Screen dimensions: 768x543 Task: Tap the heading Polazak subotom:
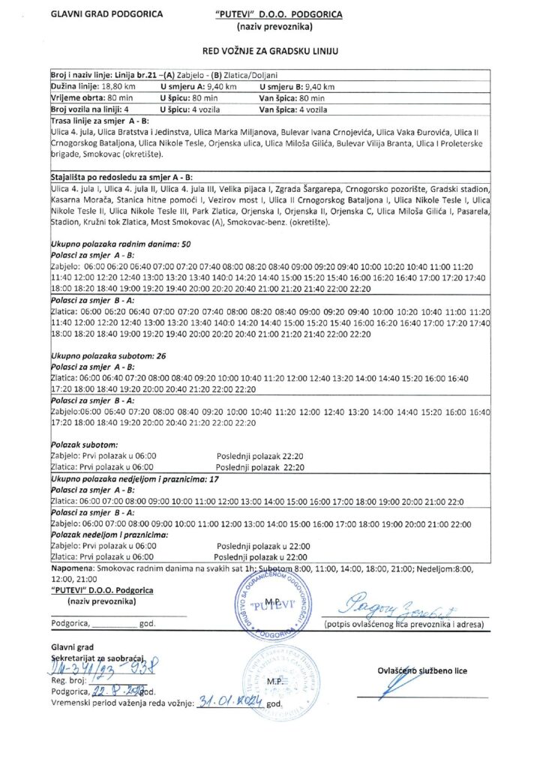pyautogui.click(x=83, y=445)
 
